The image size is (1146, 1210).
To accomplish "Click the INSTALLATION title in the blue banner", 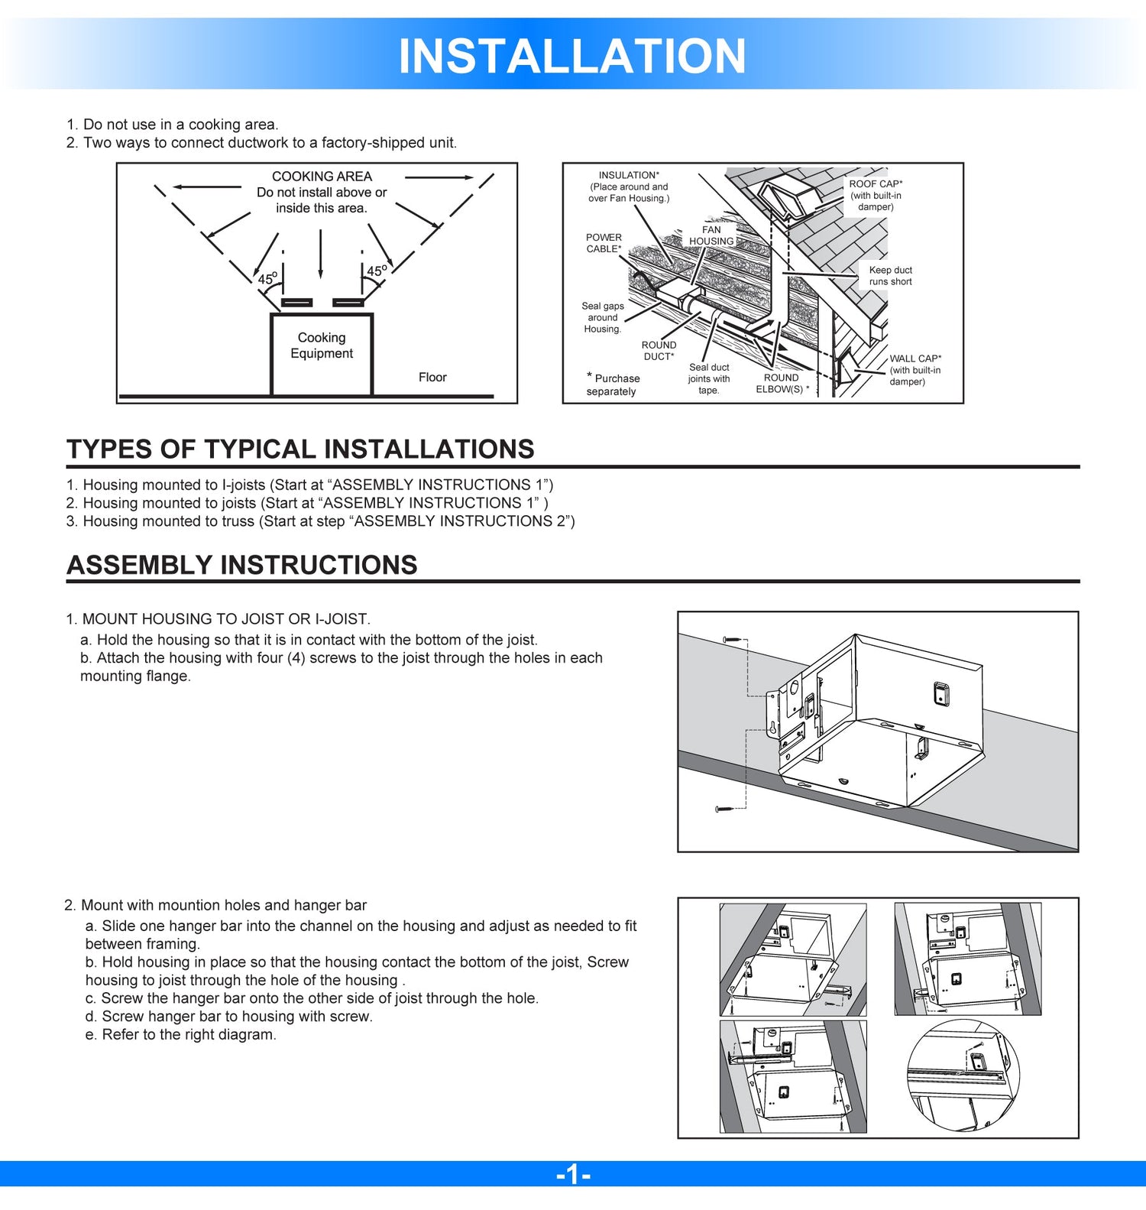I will pos(571,56).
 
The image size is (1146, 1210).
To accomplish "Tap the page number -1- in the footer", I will pos(573,1173).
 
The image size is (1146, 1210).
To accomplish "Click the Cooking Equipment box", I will pos(322,353).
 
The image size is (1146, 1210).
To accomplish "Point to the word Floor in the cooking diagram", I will pos(432,377).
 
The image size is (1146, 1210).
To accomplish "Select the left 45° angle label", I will pos(267,279).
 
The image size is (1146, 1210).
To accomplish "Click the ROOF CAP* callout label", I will pos(876,184).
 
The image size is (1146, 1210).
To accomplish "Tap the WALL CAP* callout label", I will pos(915,358).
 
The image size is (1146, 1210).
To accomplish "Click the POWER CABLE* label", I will pos(604,243).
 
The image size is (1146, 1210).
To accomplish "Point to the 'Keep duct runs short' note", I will pos(890,276).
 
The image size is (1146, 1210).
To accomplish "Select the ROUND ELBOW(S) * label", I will pos(782,383).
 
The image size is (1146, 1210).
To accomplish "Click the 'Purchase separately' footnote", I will pos(613,384).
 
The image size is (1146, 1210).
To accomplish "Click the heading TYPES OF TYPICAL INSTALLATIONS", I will pos(300,449).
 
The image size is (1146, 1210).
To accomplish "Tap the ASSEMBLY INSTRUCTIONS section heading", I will pos(242,565).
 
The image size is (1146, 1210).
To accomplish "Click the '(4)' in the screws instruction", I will pos(296,658).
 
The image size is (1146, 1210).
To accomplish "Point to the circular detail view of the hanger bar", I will pos(963,1076).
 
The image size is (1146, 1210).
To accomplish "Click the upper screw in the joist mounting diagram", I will pos(732,639).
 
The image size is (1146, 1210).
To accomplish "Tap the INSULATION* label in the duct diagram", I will pos(629,175).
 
